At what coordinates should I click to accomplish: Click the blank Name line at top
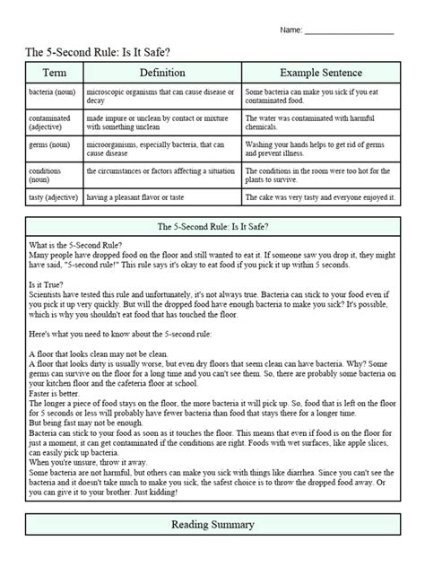tap(349, 32)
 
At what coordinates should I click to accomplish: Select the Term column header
tap(53, 72)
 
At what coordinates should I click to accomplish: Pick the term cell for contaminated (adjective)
tap(53, 123)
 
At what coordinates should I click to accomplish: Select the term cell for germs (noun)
tap(53, 149)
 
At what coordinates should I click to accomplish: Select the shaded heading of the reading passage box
tap(212, 228)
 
